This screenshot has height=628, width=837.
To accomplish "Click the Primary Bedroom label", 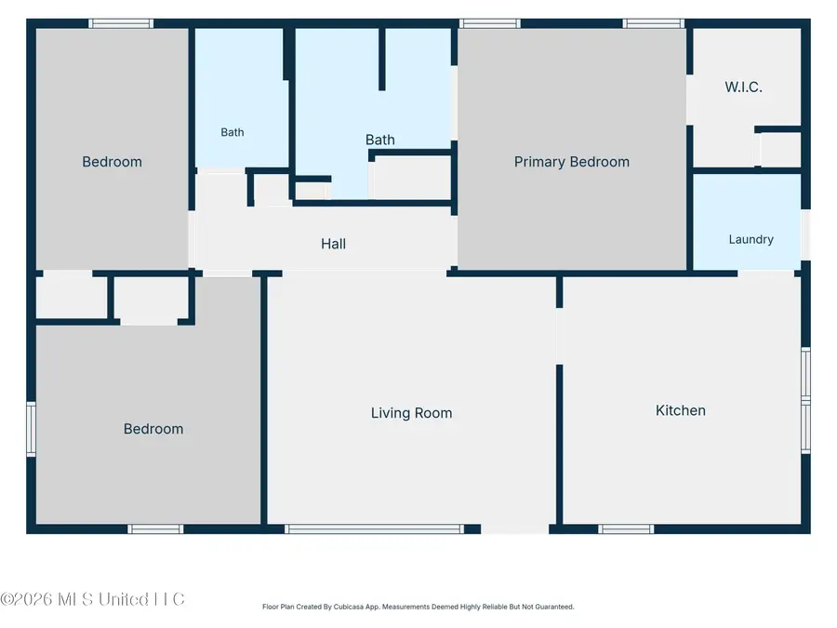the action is (x=572, y=162).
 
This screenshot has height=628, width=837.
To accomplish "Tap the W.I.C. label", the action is (x=743, y=87).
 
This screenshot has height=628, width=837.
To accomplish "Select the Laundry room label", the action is (x=751, y=239).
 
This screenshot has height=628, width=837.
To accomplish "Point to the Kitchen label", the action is (x=681, y=410).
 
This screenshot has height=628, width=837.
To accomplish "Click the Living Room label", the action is (x=412, y=413).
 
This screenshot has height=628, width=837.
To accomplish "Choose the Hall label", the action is (x=333, y=244).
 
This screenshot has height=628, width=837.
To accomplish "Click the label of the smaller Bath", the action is (x=232, y=132).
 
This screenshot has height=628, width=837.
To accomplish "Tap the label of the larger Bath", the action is (x=380, y=140).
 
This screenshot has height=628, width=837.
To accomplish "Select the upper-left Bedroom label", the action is (x=113, y=162).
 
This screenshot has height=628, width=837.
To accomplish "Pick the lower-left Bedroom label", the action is (x=153, y=429).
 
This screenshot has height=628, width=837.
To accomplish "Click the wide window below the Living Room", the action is (x=374, y=528).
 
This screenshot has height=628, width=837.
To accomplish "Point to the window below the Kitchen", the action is (x=626, y=528).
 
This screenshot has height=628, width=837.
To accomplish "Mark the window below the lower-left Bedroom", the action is (x=155, y=528).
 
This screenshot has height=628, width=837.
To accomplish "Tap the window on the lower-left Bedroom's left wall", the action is (x=31, y=429).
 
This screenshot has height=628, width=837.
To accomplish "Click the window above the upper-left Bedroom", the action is (x=121, y=23).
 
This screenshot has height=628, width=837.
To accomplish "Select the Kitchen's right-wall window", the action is (x=806, y=400).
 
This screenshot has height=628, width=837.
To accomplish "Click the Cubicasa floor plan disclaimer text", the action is (x=418, y=607).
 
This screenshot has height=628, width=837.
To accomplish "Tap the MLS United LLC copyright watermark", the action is (x=92, y=599).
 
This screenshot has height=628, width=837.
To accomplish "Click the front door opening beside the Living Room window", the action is (x=514, y=528).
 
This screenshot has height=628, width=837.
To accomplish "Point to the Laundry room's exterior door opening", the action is (x=806, y=235).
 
